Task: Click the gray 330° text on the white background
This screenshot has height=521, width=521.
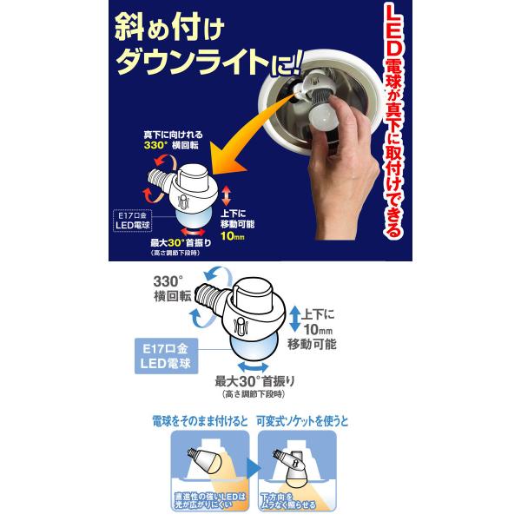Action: [168, 281]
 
